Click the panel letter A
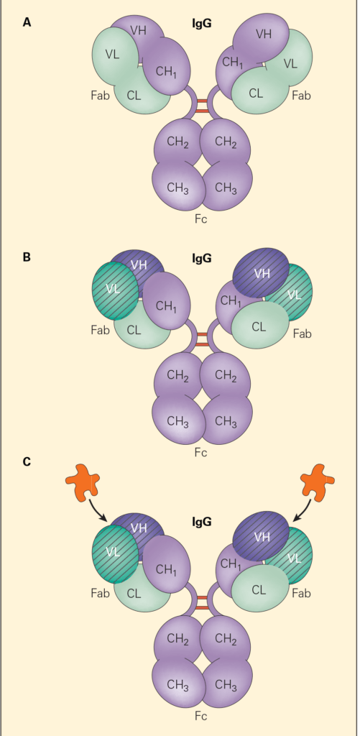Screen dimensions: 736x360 click(27, 22)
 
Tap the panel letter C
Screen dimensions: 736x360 click(27, 461)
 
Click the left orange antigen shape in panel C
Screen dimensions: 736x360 click(84, 483)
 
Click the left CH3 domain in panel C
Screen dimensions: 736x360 click(177, 683)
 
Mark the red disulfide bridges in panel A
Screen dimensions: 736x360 click(202, 106)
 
